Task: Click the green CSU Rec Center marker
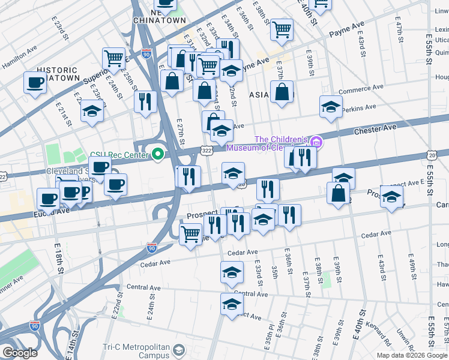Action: [158, 155]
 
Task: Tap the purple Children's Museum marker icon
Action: [316, 142]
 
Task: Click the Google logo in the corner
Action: [19, 353]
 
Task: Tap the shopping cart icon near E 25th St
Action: [113, 58]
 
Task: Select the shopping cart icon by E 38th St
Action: [282, 29]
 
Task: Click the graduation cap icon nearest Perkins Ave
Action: [330, 106]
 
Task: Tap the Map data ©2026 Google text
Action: [411, 355]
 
